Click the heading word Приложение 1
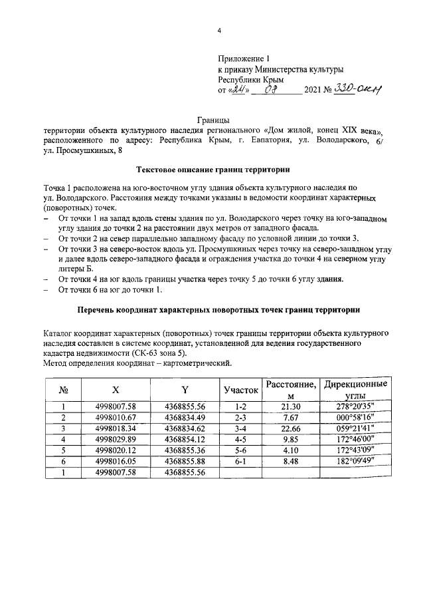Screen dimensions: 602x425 pyautogui.click(x=245, y=59)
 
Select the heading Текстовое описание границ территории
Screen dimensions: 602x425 pyautogui.click(x=212, y=170)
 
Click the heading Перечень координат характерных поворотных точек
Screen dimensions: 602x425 pyautogui.click(x=218, y=310)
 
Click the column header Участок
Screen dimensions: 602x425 pyautogui.click(x=240, y=390)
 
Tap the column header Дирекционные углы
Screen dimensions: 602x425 pyautogui.click(x=354, y=390)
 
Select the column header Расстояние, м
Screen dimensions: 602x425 pyautogui.click(x=290, y=390)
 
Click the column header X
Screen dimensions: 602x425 pyautogui.click(x=116, y=390)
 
